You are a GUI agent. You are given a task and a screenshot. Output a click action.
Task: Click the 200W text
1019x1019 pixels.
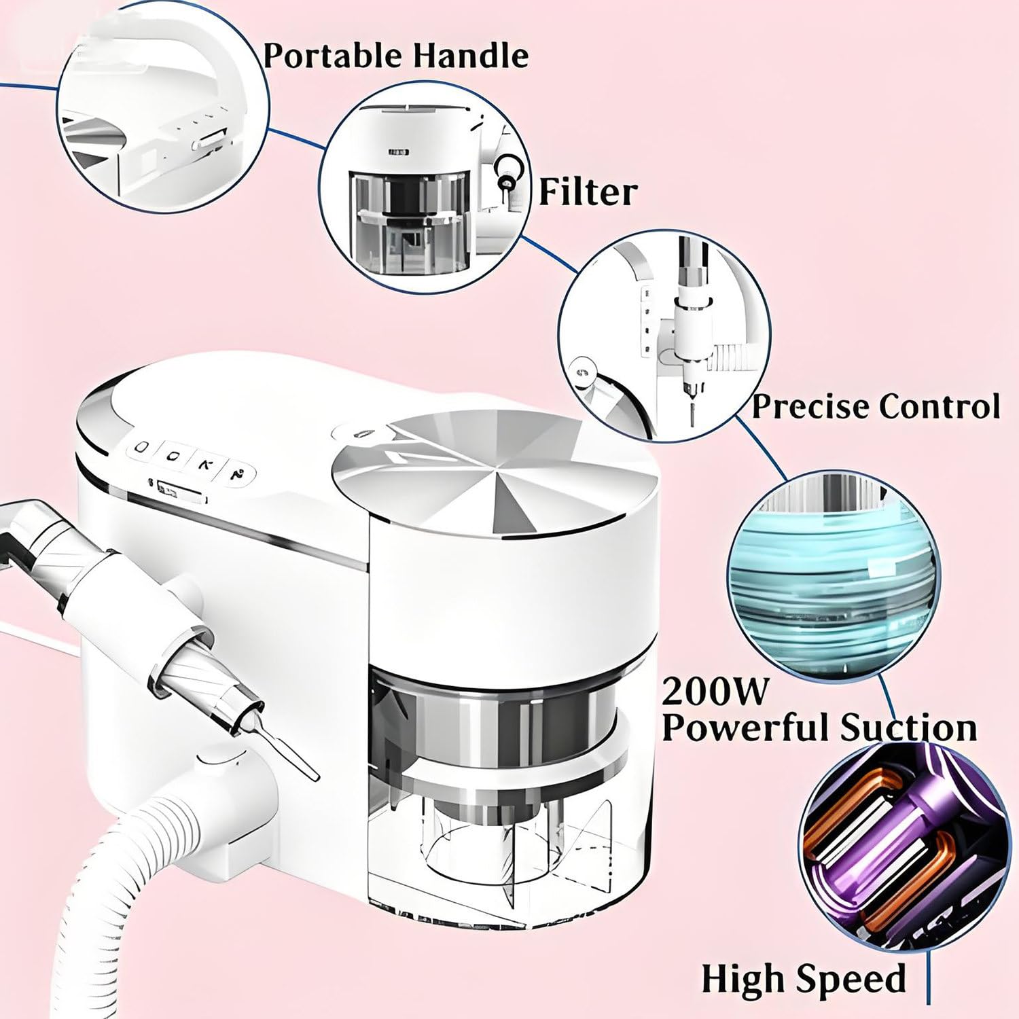click(x=714, y=690)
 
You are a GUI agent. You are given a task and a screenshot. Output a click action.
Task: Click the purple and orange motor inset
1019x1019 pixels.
click(x=904, y=849)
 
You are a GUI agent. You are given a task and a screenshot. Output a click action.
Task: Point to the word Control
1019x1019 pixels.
click(x=940, y=406)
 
